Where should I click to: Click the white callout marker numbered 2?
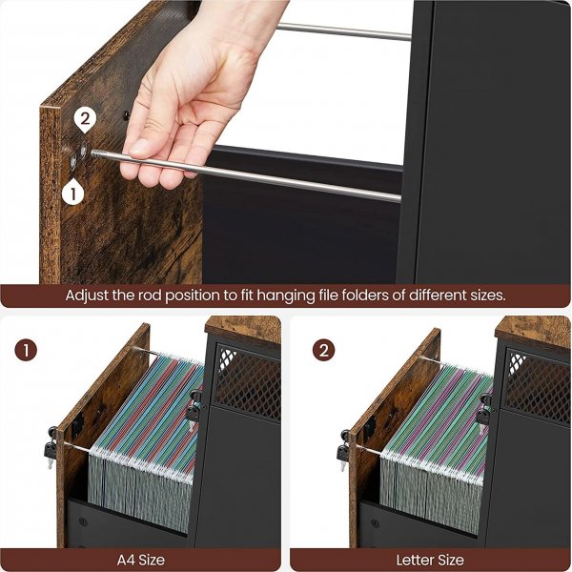point(85,120)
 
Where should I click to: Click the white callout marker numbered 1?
point(73,192)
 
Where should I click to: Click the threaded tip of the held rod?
point(95,153)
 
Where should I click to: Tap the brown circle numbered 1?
point(26,351)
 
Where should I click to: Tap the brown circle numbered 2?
point(323,351)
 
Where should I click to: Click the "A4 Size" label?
point(141,560)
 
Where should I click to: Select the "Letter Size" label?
point(430,560)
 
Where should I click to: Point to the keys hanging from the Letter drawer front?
point(343,451)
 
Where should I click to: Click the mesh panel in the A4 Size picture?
point(248,382)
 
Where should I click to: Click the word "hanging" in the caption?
point(286,296)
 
